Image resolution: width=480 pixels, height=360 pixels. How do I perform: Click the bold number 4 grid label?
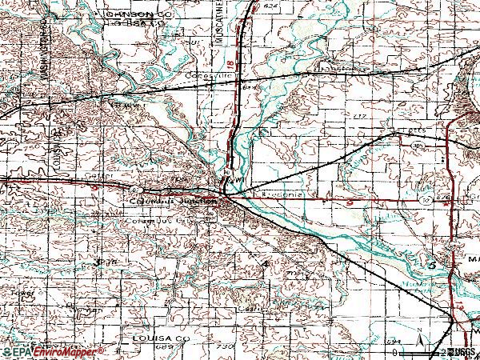[265, 263]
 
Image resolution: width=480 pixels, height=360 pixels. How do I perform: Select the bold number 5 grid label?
[432, 263]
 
